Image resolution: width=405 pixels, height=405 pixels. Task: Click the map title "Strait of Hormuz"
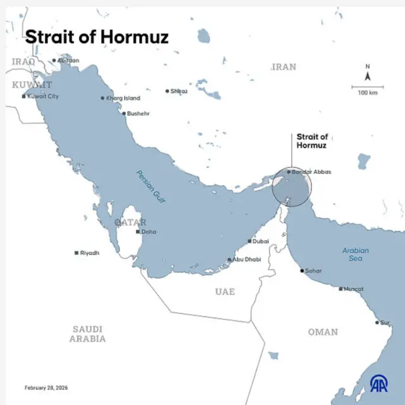[x=97, y=37]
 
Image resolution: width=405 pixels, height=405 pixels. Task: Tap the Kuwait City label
[x=43, y=96]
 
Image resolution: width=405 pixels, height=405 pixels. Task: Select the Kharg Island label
[x=123, y=98]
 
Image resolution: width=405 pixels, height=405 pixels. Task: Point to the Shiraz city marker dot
[x=167, y=91]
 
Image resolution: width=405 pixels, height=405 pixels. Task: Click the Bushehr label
[x=139, y=113]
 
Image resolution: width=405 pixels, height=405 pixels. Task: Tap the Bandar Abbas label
[x=311, y=171]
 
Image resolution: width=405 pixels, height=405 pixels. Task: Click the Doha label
[x=149, y=232]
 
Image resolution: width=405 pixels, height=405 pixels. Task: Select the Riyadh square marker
[x=77, y=252]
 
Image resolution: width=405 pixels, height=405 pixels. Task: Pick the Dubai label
[x=261, y=241]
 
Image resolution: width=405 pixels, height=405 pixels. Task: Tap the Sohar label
[x=313, y=271]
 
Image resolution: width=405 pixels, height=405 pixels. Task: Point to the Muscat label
[x=354, y=289]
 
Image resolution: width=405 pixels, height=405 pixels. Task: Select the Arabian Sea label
[x=356, y=254]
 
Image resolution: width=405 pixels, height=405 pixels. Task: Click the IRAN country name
[x=283, y=67]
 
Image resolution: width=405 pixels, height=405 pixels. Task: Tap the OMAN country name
[x=323, y=332]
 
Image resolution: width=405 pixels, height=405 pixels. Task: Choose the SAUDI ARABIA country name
[x=88, y=333]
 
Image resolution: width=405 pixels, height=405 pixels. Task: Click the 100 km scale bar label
[x=368, y=92]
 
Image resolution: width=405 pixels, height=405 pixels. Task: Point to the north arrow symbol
[x=368, y=76]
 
